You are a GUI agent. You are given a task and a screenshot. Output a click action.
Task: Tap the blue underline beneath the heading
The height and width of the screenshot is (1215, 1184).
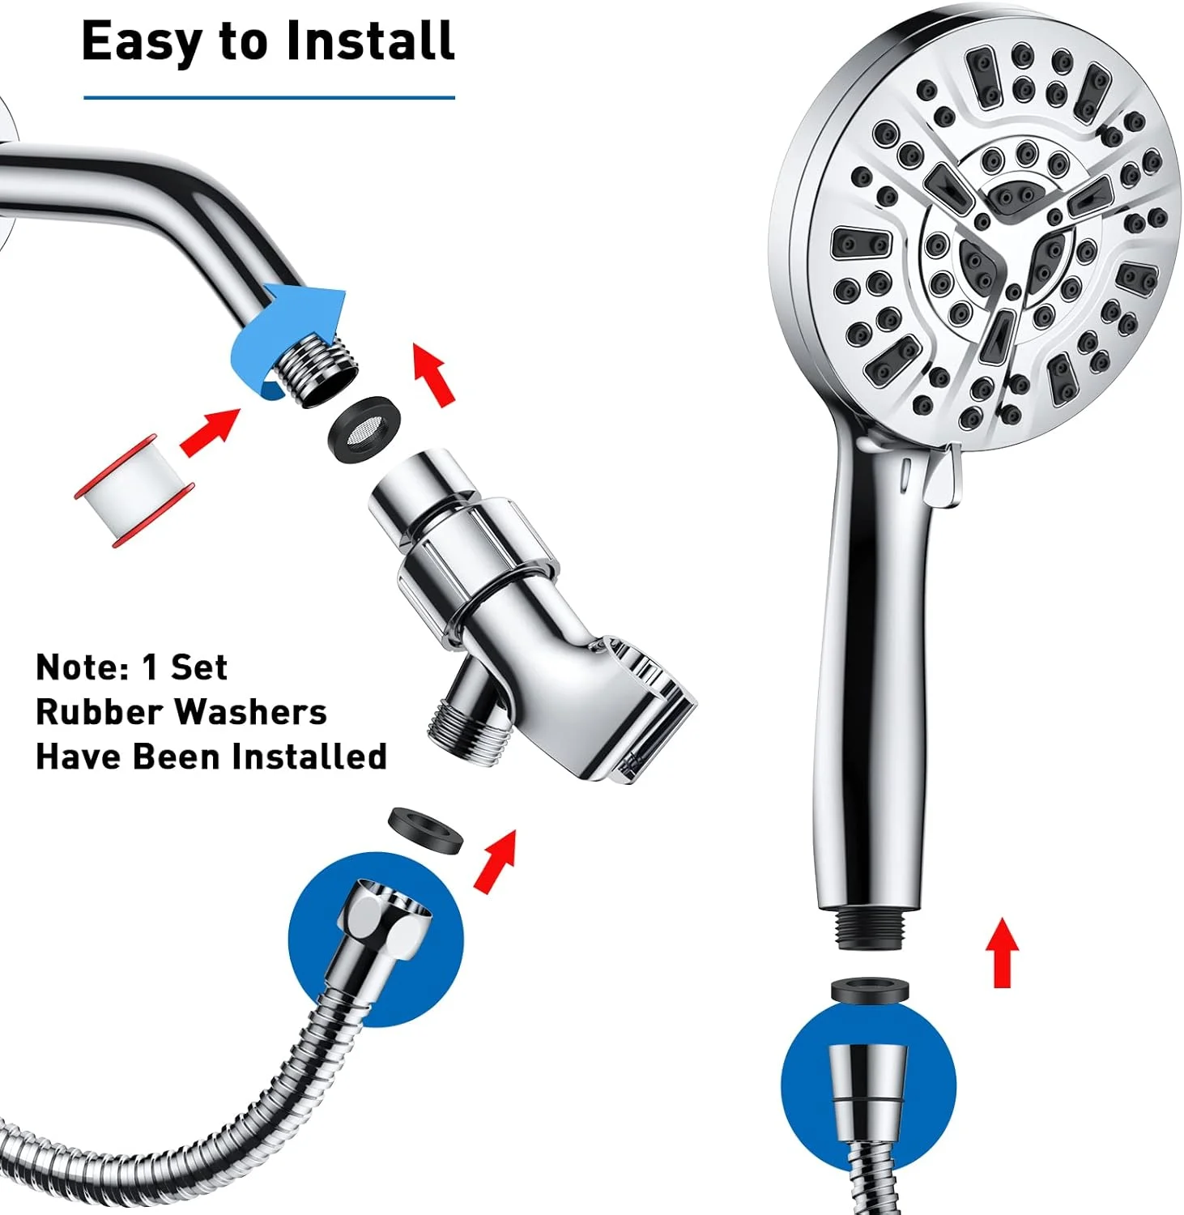tap(269, 98)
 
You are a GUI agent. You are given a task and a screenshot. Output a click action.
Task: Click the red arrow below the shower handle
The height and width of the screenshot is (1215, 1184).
tap(1004, 952)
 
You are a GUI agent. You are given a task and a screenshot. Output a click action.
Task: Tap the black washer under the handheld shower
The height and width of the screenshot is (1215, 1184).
tap(871, 993)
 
